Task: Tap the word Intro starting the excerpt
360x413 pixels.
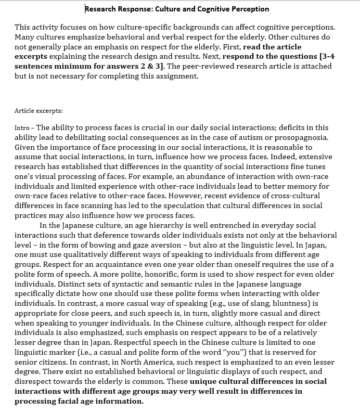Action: [23, 127]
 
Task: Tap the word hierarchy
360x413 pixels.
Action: [153, 225]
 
